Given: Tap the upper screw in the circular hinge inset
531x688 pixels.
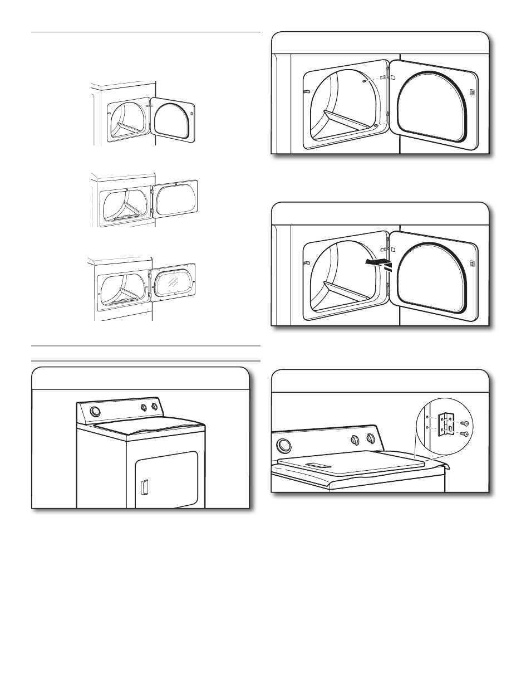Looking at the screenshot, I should click(462, 424).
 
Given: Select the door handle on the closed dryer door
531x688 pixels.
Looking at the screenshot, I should click(145, 487).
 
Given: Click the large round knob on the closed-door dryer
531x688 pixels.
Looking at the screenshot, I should click(96, 412).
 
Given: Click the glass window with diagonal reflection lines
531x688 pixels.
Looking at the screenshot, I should click(174, 282).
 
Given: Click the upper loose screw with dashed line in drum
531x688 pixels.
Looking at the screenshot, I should click(363, 81).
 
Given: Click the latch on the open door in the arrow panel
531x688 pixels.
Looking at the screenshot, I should click(471, 263).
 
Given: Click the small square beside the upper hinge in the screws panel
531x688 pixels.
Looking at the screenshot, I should click(392, 77).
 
